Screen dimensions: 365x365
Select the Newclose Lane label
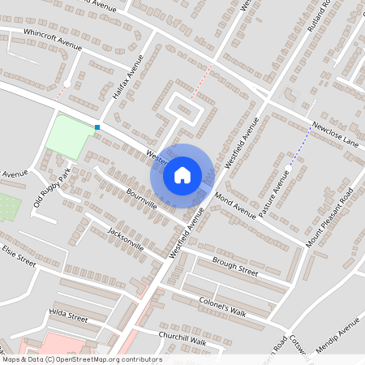click(x=336, y=135)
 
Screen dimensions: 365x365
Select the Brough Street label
click(x=234, y=267)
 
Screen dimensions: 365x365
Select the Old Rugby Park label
click(x=52, y=188)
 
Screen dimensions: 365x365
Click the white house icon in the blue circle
click(x=182, y=174)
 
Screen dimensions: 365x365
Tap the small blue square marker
click(x=97, y=127)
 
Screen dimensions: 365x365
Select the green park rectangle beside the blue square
click(x=68, y=136)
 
